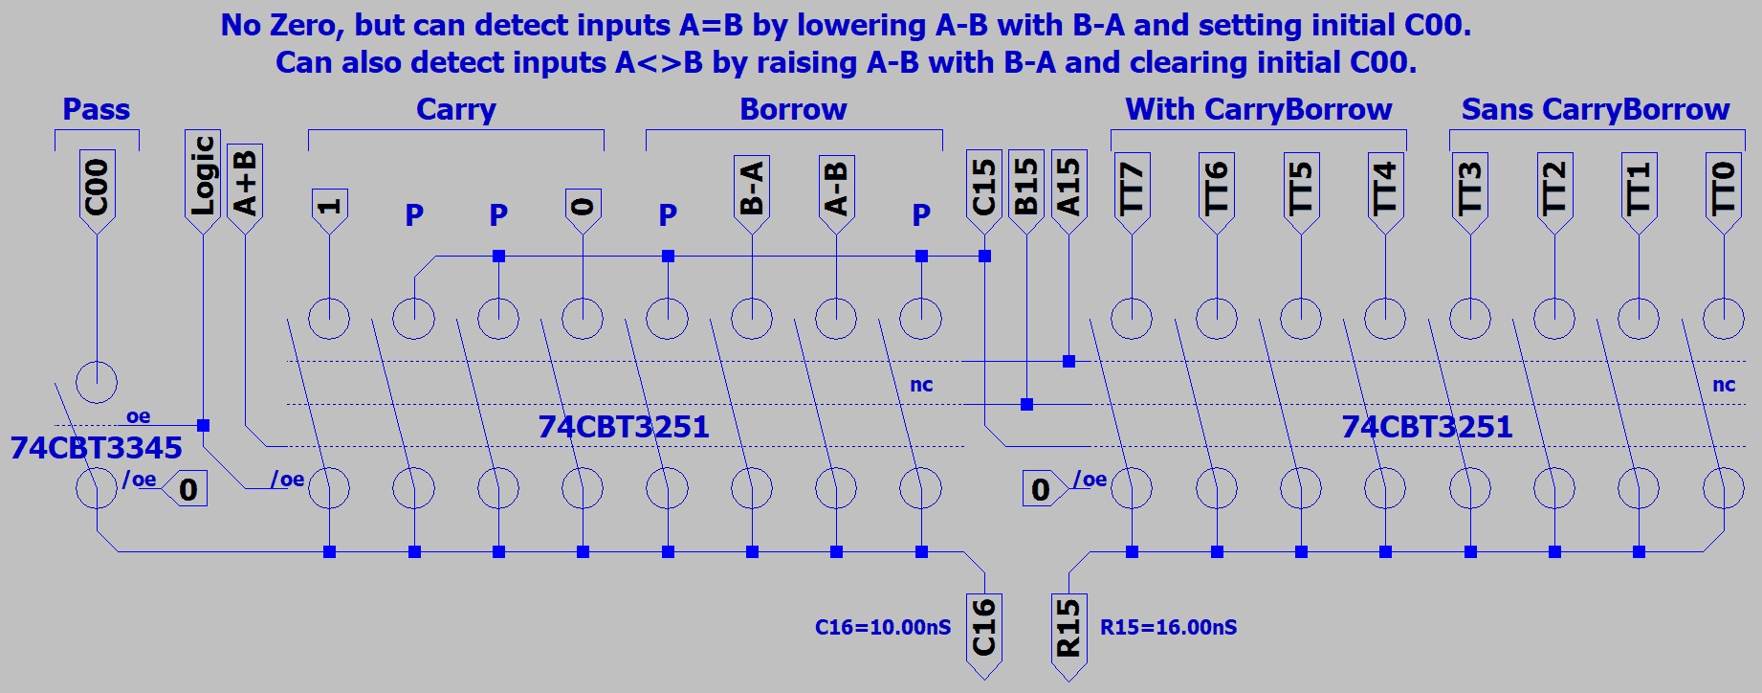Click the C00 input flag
click(97, 190)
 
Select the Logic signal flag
click(203, 179)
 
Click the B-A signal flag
click(752, 190)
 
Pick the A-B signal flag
click(836, 190)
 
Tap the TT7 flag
click(1132, 190)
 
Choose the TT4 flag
click(1385, 190)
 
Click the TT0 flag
click(1723, 190)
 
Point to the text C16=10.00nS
click(883, 628)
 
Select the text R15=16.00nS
click(1168, 628)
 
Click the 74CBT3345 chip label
click(96, 448)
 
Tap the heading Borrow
click(793, 110)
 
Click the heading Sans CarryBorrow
click(1595, 110)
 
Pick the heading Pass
click(96, 110)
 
